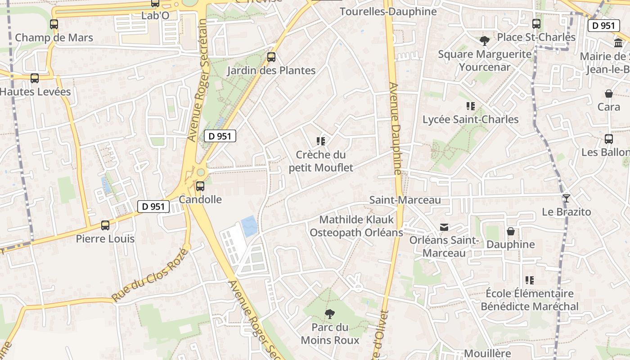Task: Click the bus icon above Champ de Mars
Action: pos(54,24)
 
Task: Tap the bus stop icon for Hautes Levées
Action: pos(35,78)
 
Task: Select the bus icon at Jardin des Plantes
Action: pos(271,57)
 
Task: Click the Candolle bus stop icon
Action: pos(200,186)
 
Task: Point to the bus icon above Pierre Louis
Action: pos(105,225)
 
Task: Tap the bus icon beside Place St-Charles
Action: pos(536,24)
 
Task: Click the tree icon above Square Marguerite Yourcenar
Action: pos(485,41)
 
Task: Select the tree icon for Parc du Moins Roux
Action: pos(330,314)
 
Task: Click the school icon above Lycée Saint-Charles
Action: pos(471,106)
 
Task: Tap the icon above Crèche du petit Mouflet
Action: pos(321,141)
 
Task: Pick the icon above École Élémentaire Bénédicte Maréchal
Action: pos(530,280)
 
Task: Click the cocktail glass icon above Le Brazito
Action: pos(566,198)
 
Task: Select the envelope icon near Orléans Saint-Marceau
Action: pos(444,227)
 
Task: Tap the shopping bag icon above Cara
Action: pos(609,94)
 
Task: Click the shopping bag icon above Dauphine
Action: pos(511,231)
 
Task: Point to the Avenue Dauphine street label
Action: pos(395,129)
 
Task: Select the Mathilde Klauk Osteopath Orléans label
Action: pos(356,226)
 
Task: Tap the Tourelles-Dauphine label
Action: pos(388,12)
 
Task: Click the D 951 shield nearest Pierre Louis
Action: pos(153,207)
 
